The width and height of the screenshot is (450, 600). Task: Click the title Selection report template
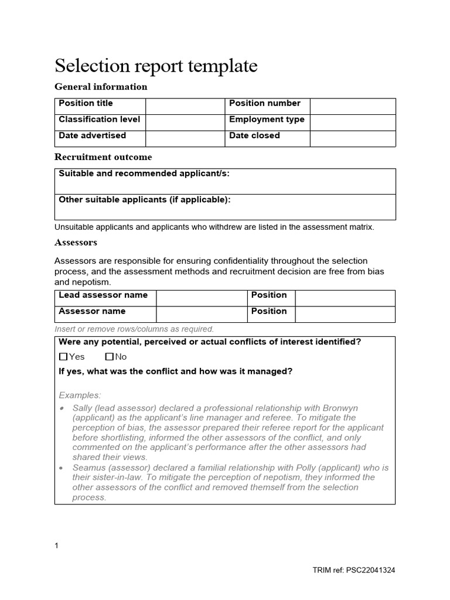156,66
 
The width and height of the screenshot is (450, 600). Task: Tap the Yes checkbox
64,357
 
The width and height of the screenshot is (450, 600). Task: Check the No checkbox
110,357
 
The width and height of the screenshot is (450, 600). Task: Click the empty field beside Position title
185,106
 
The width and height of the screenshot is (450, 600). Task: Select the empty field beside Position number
353,106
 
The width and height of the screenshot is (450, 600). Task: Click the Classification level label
99,120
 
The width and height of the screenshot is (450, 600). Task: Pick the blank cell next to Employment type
353,122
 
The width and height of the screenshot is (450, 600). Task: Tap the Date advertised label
92,135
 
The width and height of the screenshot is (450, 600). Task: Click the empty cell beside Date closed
353,138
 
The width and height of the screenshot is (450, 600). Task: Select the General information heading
101,87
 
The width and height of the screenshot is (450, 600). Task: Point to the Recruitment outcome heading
103,157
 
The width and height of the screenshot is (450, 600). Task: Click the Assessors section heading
76,242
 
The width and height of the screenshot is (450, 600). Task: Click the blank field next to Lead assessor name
201,298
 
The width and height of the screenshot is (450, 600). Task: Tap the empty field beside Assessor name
201,314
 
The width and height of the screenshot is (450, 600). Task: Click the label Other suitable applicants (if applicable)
145,199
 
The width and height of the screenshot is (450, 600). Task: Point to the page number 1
57,546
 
